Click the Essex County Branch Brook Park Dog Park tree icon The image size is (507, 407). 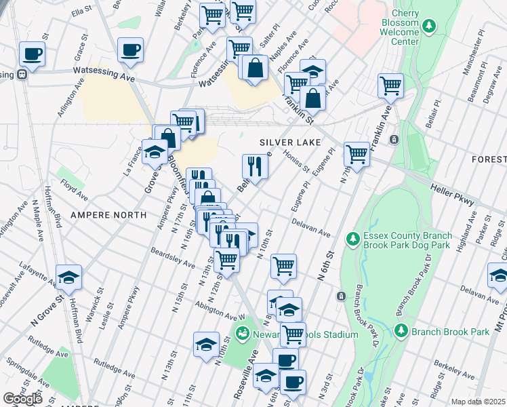[x=352, y=238]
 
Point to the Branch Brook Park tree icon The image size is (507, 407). [x=401, y=331]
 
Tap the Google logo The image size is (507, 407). [x=22, y=399]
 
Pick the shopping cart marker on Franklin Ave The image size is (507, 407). [x=390, y=85]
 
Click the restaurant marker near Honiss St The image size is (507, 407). [x=255, y=166]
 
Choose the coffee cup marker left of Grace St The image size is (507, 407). [x=31, y=53]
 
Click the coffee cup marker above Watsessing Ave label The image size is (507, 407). [x=130, y=49]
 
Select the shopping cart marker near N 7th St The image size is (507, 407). [x=357, y=153]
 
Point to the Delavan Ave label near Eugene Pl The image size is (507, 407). [x=311, y=228]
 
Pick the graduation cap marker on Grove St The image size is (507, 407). [x=155, y=152]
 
